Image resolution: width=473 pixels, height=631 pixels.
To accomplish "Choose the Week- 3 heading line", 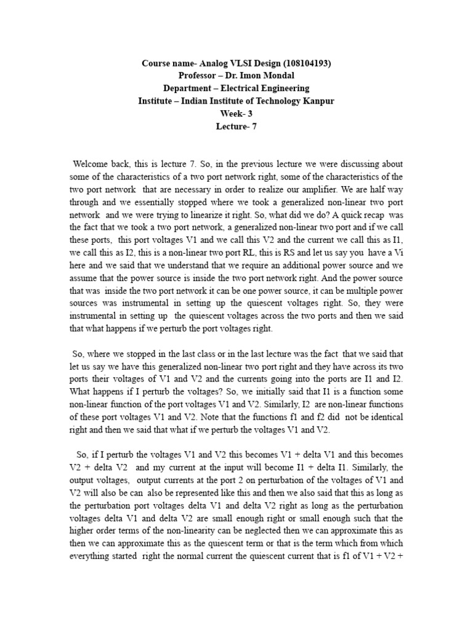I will pyautogui.click(x=236, y=113).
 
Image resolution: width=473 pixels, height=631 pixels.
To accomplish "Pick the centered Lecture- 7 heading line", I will pyautogui.click(x=236, y=126).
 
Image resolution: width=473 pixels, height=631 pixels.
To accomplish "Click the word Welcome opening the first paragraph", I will pyautogui.click(x=92, y=163).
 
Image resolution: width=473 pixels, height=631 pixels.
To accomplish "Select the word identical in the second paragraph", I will pyautogui.click(x=381, y=417).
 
